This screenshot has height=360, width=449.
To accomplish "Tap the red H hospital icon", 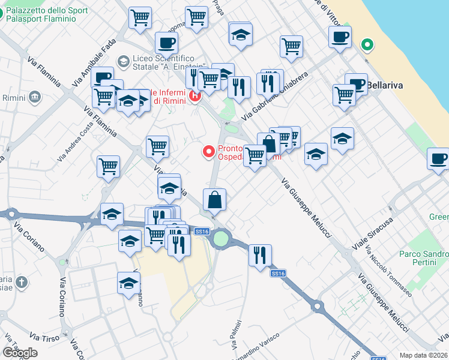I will coord(194,95).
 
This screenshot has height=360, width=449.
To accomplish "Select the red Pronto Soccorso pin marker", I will coord(209,152).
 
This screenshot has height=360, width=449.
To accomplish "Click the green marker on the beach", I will coord(367,44).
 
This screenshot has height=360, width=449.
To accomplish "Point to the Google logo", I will coord(20,353).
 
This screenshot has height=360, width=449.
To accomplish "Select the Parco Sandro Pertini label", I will coord(424,259).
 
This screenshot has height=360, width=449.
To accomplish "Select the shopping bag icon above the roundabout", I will coord(214,200).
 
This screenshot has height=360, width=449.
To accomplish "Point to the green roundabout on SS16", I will coord(221,239).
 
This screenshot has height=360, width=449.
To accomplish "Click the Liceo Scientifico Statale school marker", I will coord(124,61).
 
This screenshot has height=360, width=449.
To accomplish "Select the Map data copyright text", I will coord(424,355).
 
